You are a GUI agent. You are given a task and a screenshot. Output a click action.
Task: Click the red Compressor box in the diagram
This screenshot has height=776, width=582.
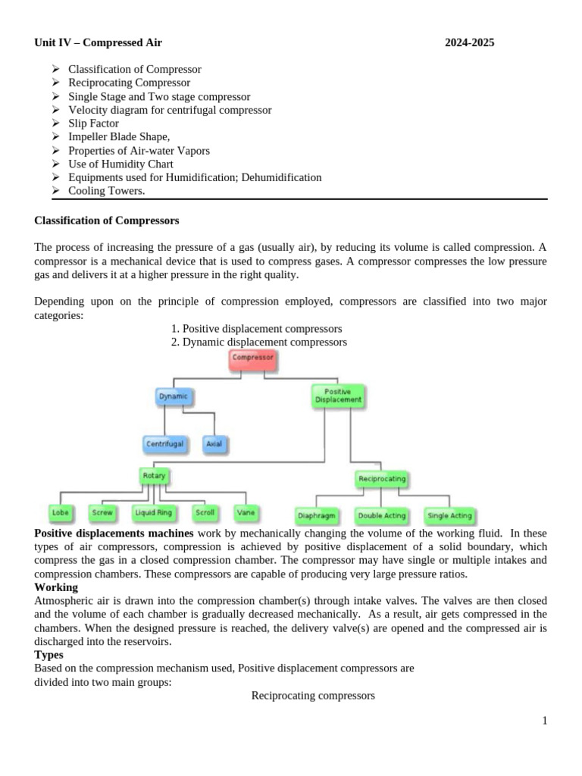click(252, 358)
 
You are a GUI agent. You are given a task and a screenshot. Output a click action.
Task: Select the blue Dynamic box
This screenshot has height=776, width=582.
click(173, 396)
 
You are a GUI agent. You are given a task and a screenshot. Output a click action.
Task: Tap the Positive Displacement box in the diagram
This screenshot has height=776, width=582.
click(338, 396)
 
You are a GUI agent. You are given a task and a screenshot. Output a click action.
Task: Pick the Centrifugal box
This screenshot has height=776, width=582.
click(164, 444)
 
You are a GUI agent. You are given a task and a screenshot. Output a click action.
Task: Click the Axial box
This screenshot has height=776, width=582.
click(214, 444)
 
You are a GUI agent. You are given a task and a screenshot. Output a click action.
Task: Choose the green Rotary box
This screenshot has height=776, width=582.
click(154, 476)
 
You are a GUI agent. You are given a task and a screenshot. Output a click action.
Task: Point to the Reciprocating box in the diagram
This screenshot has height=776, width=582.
click(381, 479)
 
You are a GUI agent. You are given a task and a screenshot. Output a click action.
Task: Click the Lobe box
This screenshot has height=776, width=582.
click(61, 513)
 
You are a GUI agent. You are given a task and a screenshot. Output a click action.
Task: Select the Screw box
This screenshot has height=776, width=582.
click(102, 513)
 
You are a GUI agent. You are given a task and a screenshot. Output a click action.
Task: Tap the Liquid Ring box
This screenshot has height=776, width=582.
click(154, 513)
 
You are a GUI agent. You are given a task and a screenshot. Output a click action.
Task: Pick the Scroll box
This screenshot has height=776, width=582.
click(205, 513)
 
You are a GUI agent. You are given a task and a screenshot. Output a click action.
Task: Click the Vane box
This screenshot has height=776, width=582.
click(246, 513)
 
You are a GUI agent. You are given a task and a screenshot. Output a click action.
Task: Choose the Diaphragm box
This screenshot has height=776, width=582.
click(318, 516)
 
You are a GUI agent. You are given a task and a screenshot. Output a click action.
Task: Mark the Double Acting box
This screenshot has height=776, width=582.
click(381, 516)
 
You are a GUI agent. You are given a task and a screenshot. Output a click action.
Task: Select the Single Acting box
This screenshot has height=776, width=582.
click(449, 516)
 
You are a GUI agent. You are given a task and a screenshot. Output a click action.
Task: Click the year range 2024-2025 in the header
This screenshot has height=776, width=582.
click(469, 42)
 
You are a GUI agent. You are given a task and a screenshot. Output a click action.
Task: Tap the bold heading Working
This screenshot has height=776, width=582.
click(56, 587)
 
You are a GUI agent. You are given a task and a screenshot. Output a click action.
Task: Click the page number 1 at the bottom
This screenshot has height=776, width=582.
click(544, 721)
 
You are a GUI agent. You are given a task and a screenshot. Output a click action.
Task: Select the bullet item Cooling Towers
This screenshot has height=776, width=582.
click(107, 191)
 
